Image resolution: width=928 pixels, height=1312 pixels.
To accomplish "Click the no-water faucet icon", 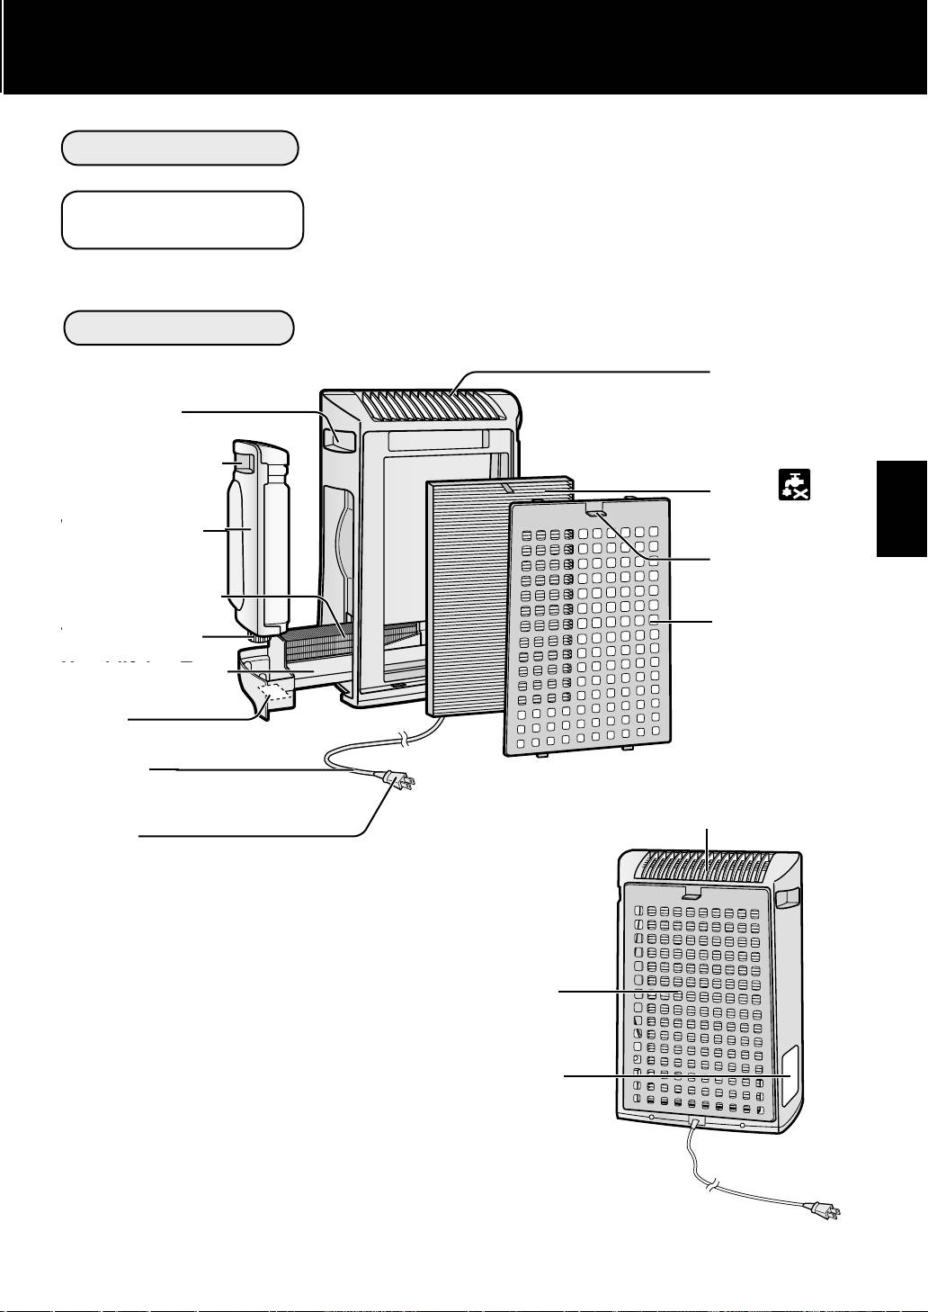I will tap(795, 484).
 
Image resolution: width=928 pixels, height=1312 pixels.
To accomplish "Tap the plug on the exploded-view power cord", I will tap(398, 781).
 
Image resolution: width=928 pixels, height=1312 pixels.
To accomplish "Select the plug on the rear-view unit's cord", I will tap(825, 1210).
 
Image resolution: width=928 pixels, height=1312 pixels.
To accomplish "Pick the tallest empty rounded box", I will tap(183, 219).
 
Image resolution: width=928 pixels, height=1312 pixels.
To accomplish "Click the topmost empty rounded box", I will tap(180, 148).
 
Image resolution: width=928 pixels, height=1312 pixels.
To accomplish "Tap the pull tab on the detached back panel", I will tap(594, 510).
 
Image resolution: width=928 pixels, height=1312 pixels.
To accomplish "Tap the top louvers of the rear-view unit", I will tap(706, 867).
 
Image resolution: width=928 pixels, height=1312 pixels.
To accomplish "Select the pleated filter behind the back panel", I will tap(468, 594).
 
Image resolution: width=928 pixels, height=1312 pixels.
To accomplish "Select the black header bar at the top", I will tap(464, 45).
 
